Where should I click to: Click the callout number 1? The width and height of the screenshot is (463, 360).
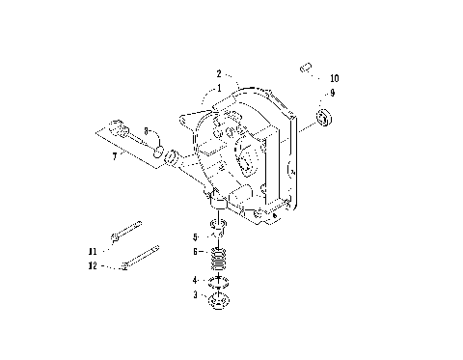(219, 87)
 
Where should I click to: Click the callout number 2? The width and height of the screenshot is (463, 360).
(219, 73)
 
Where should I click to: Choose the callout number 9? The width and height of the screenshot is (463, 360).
(333, 93)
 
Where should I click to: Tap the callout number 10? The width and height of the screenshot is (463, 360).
(334, 77)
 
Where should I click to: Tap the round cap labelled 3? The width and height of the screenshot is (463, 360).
(218, 300)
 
